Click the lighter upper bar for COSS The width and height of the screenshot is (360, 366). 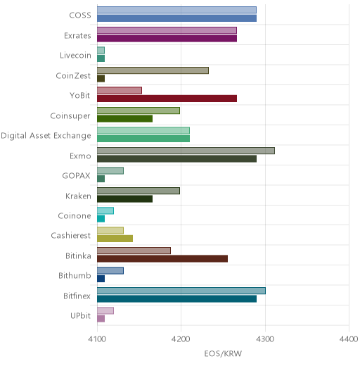(176, 10)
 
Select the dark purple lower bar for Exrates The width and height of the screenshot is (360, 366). (167, 39)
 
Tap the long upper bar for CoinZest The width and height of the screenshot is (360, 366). (153, 70)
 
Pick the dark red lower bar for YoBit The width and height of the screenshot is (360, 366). (167, 99)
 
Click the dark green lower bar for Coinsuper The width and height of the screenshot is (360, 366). (124, 119)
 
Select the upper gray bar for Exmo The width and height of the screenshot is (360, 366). (186, 151)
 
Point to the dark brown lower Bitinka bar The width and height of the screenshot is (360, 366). (162, 259)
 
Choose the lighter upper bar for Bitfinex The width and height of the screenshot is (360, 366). (181, 291)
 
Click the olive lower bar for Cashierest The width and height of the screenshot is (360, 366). (115, 239)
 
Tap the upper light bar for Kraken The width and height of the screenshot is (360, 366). (139, 191)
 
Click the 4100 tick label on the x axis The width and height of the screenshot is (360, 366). (97, 339)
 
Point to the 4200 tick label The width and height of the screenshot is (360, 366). (181, 339)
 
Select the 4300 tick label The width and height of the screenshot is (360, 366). (265, 339)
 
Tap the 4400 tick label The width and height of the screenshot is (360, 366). (349, 339)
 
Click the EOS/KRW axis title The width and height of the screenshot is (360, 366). (223, 353)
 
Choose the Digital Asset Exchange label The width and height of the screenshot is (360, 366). (46, 136)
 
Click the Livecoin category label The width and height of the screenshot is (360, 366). (75, 56)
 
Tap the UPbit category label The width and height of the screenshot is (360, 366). (80, 316)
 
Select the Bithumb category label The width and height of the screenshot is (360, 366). (75, 275)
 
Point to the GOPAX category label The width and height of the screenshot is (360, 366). (76, 176)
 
